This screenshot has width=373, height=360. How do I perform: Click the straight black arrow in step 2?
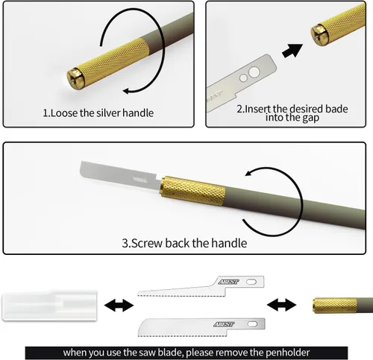click(292, 51)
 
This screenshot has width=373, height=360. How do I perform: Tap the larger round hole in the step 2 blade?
click(254, 72)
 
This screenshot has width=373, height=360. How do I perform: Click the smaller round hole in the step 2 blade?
click(243, 78)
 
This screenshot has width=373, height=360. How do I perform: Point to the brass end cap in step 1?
click(75, 78)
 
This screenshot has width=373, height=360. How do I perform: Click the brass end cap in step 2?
click(320, 35)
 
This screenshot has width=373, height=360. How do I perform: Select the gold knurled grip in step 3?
click(192, 191)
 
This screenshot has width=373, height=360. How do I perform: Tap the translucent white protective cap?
click(49, 305)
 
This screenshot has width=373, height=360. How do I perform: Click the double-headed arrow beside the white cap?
click(119, 305)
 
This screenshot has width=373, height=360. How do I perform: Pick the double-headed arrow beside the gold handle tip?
click(281, 305)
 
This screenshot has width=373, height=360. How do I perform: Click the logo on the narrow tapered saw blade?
click(228, 282)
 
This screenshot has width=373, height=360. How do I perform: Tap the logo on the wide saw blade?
click(224, 324)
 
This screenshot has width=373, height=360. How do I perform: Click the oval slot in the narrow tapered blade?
click(251, 282)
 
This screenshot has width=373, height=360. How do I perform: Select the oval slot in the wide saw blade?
click(252, 324)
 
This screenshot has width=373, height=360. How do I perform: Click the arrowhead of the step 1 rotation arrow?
click(127, 91)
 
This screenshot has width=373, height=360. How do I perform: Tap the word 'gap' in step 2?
click(310, 118)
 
